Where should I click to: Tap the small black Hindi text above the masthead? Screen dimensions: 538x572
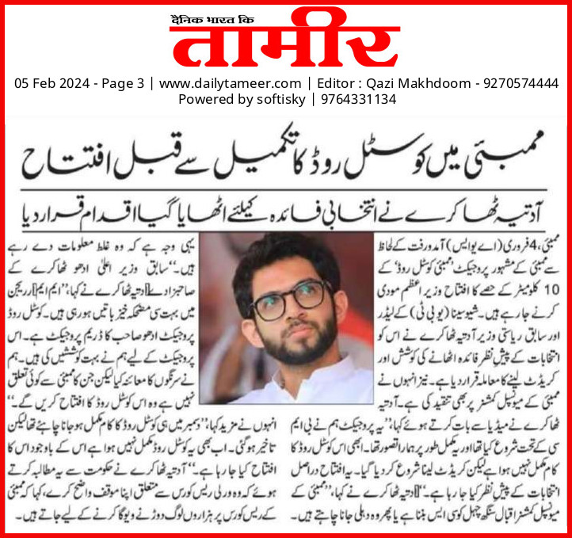205,13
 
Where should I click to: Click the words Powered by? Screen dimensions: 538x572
210,100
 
